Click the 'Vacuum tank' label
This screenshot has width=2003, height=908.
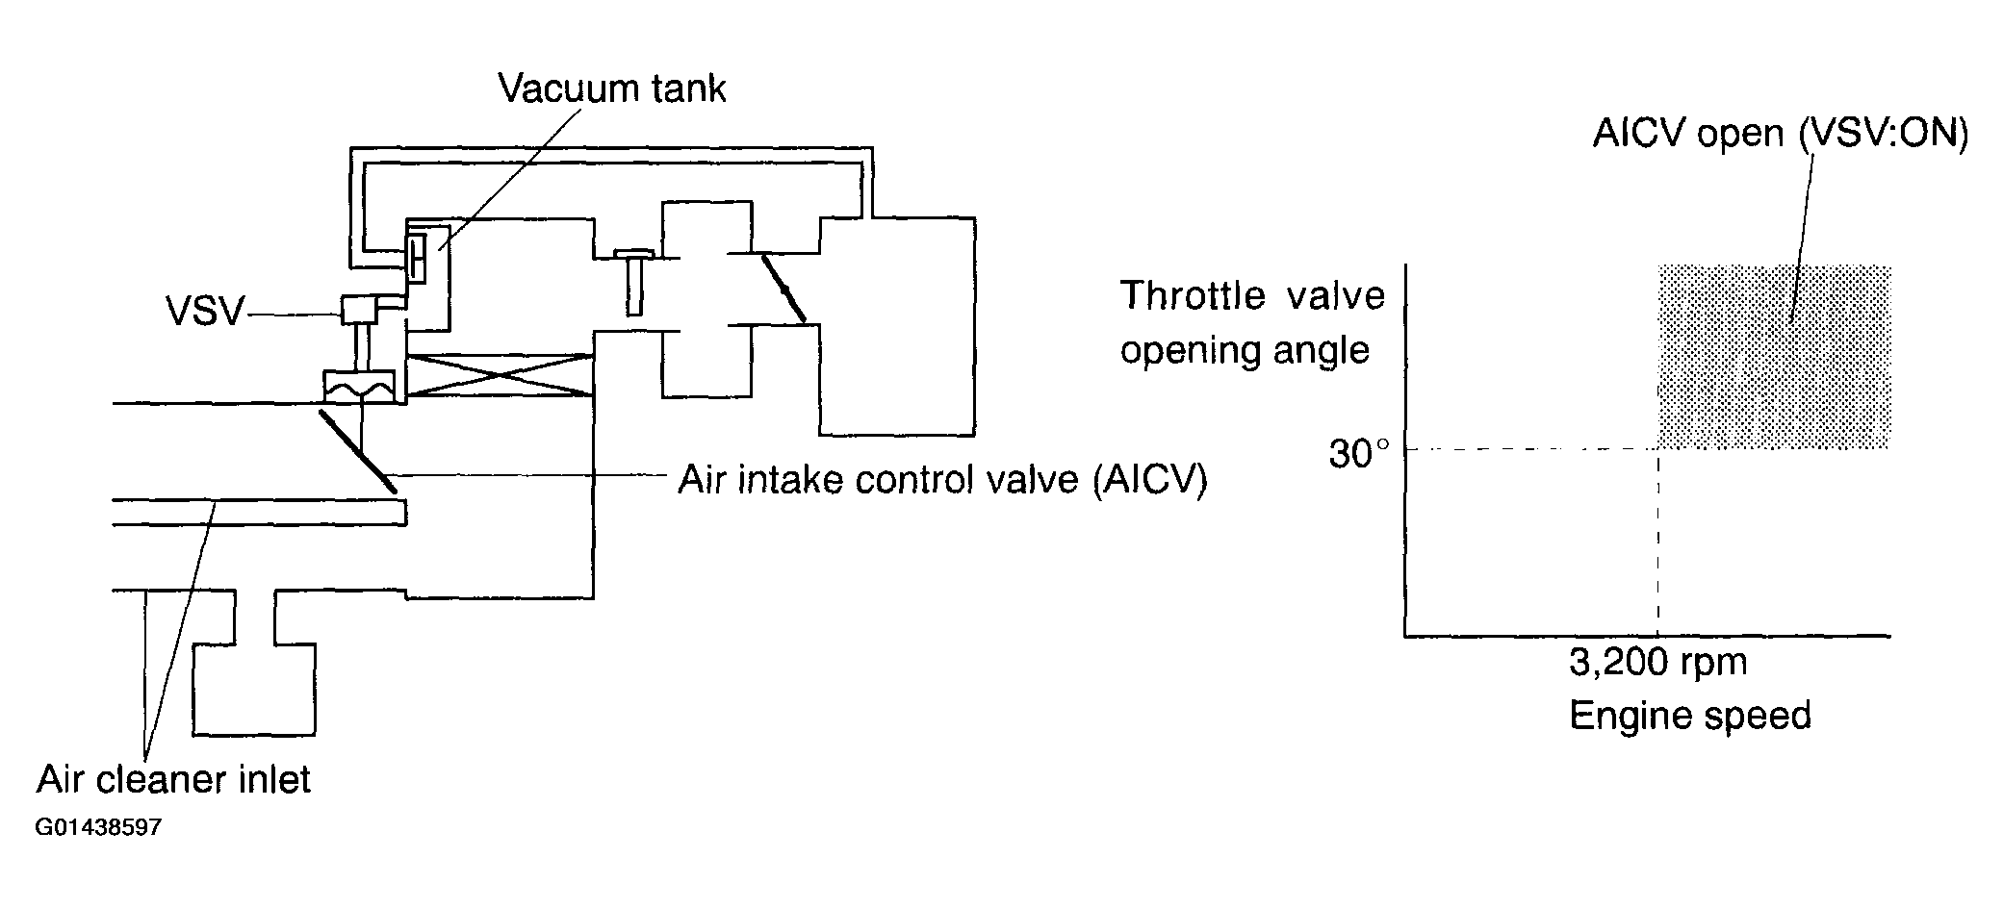click(611, 88)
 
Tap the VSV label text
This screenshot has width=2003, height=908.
click(205, 312)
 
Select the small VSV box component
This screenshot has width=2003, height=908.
click(359, 308)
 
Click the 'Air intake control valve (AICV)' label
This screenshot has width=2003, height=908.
click(941, 478)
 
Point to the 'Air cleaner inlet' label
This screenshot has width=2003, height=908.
click(173, 778)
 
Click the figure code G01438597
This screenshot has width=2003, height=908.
click(99, 828)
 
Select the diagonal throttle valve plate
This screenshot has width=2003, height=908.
click(783, 287)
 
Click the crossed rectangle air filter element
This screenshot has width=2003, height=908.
click(500, 374)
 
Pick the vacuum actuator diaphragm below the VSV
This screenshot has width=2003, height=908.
click(360, 388)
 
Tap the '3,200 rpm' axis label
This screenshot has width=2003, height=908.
click(1657, 662)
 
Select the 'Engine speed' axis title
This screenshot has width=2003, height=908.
click(1690, 716)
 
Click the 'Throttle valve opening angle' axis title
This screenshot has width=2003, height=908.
click(1251, 322)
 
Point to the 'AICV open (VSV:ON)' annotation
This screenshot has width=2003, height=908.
click(1780, 133)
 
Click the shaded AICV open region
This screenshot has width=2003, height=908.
click(1774, 356)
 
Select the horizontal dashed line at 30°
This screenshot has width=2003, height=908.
click(1530, 449)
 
